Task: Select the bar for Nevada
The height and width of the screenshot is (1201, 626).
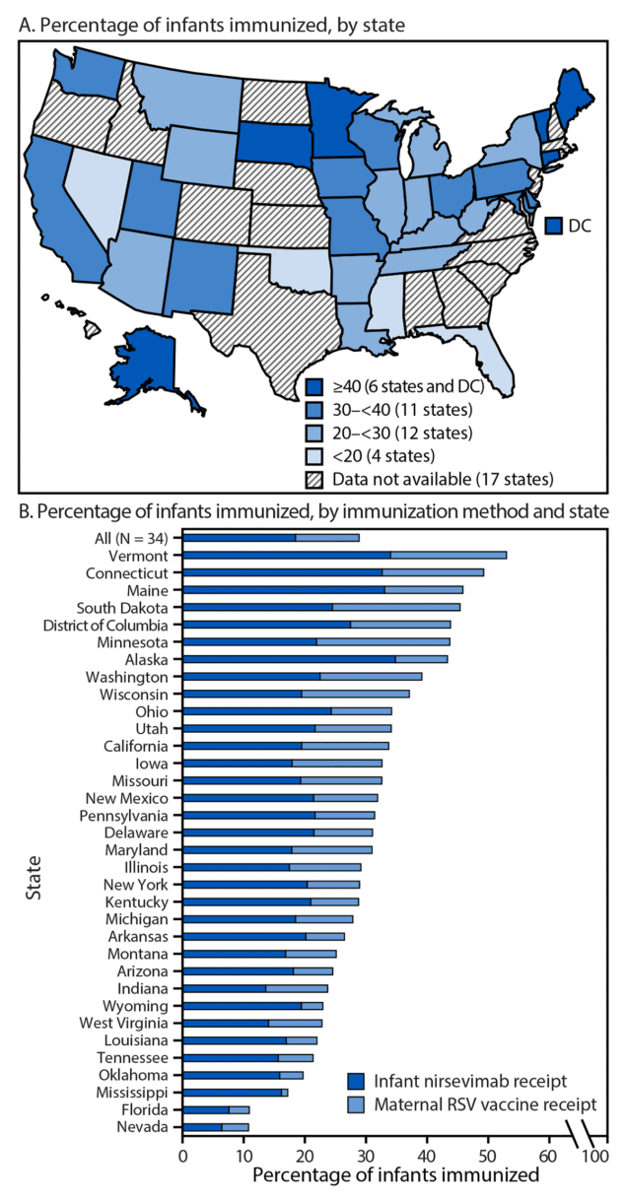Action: click(x=216, y=1126)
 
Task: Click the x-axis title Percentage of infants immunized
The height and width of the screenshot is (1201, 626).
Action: click(x=395, y=1175)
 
